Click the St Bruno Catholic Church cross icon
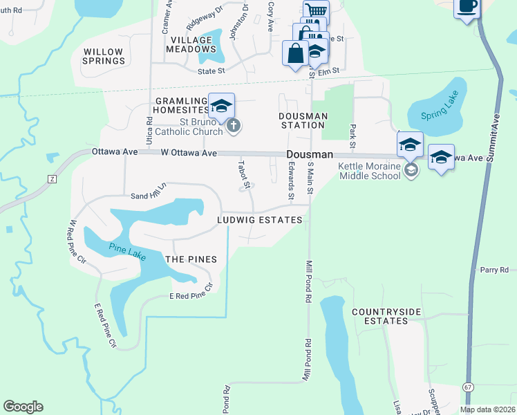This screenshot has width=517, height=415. pos(234,125)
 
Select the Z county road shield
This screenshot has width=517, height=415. pos(51,178)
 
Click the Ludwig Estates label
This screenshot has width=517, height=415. pos(259,220)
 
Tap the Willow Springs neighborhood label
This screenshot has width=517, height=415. pos(103,56)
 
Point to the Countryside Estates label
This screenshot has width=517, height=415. pos(386,316)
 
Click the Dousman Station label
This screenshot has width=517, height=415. pos(302,121)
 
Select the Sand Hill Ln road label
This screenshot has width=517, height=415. pos(149,192)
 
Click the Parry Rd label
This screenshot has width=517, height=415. pos(493,269)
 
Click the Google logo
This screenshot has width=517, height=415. pos(23,407)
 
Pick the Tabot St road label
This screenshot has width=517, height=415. pos(243,173)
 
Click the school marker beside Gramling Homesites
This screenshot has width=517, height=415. pos(222,107)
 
